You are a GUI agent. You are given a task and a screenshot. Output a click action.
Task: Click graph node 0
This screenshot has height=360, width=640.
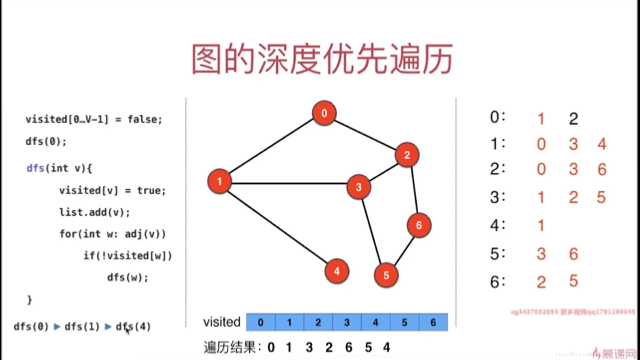pyautogui.click(x=324, y=113)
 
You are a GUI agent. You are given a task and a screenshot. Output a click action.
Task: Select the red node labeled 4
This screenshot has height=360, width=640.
pyautogui.click(x=337, y=271)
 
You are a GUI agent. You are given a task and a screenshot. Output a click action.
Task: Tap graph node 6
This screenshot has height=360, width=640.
pyautogui.click(x=419, y=225)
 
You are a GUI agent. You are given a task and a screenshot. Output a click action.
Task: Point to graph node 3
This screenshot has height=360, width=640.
pyautogui.click(x=359, y=187)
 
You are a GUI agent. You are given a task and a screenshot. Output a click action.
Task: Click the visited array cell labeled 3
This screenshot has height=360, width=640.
pyautogui.click(x=347, y=322)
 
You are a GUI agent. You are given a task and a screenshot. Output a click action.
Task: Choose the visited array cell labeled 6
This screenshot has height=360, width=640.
pyautogui.click(x=433, y=322)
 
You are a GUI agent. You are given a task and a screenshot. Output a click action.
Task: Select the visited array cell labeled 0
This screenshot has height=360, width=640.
pyautogui.click(x=261, y=322)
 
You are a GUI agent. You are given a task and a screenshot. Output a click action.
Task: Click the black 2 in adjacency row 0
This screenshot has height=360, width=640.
pyautogui.click(x=573, y=119)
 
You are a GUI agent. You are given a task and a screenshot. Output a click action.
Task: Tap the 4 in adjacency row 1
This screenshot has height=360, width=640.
pyautogui.click(x=602, y=144)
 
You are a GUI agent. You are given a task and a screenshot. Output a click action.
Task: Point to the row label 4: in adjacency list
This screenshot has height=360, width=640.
pyautogui.click(x=497, y=225)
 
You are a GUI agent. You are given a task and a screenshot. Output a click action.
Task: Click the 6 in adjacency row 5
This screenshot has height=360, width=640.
pyautogui.click(x=573, y=254)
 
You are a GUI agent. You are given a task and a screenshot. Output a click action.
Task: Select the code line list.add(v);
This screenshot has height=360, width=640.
pyautogui.click(x=95, y=212)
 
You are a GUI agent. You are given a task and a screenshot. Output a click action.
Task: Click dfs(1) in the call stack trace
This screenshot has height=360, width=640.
pyautogui.click(x=82, y=326)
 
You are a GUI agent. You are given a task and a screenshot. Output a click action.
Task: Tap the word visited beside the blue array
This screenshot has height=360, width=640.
pyautogui.click(x=222, y=322)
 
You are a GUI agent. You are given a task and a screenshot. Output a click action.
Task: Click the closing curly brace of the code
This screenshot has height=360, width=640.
pyautogui.click(x=29, y=300)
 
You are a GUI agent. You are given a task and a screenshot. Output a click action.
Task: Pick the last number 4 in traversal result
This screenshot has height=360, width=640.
pyautogui.click(x=386, y=347)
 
